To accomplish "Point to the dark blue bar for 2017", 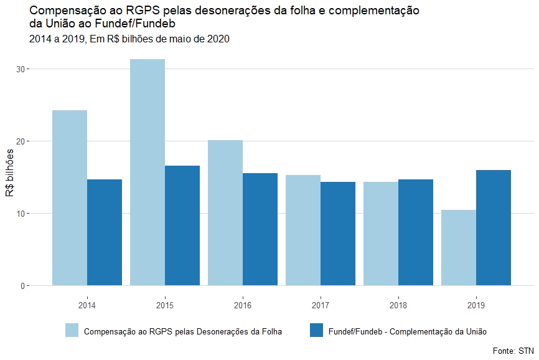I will click(x=338, y=234).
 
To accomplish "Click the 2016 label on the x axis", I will click(x=243, y=306).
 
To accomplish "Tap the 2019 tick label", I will click(x=476, y=306).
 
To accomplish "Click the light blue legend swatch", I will click(x=72, y=331).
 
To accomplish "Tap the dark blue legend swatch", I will click(x=316, y=331).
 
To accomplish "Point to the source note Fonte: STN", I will click(x=513, y=351).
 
